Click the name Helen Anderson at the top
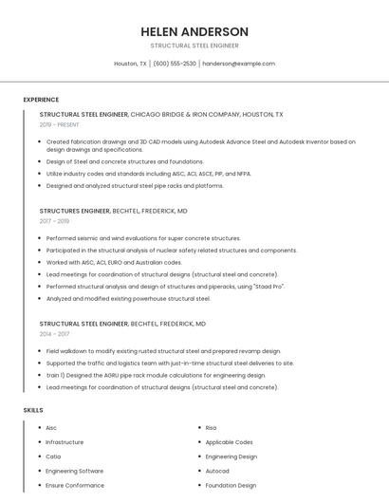(194, 31)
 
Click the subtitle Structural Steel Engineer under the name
(194, 46)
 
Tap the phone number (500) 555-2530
(175, 64)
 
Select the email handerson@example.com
(238, 64)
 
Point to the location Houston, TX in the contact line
(131, 64)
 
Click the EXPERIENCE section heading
(41, 100)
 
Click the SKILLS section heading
(33, 410)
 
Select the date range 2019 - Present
(60, 124)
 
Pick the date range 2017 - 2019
(56, 221)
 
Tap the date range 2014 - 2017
(56, 334)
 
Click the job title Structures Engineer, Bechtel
(113, 211)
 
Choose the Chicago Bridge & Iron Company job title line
(161, 114)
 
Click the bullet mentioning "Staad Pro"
(166, 286)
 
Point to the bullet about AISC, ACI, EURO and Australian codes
(114, 262)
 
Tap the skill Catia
(53, 456)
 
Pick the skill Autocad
(217, 471)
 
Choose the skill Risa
(211, 428)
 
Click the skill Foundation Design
(231, 485)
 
